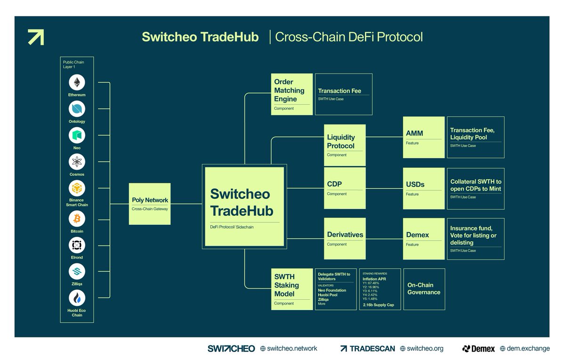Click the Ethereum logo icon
77,82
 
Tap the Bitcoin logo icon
77,219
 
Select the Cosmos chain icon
77,162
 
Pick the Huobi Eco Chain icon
77,298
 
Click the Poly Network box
150,204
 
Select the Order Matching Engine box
292,94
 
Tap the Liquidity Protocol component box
345,145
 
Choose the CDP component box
345,188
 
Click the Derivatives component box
345,238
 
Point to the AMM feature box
424,137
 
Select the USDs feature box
424,188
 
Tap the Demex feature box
424,238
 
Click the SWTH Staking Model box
292,289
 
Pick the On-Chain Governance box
424,289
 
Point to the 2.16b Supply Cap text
379,305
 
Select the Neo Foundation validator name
332,290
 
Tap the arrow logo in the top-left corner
36,37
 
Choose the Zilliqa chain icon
77,271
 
